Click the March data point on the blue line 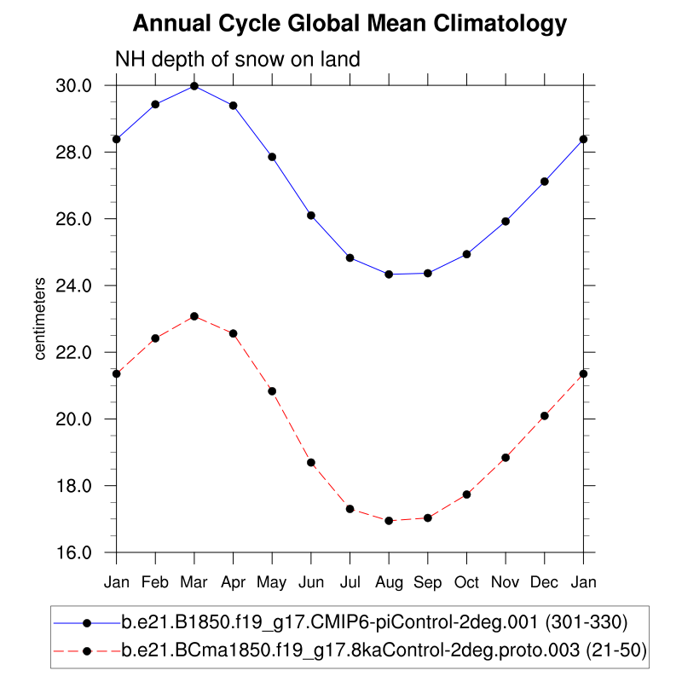click(x=194, y=86)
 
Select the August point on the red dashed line click(x=389, y=520)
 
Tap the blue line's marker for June click(x=311, y=216)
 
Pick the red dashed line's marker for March click(x=194, y=316)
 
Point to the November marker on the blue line click(x=506, y=221)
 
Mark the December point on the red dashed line click(x=544, y=416)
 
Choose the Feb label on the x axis click(x=155, y=581)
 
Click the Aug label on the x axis click(x=389, y=581)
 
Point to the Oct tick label click(x=466, y=581)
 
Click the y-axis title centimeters click(x=40, y=319)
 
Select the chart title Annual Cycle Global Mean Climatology click(x=350, y=24)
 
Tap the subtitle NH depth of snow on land click(x=238, y=60)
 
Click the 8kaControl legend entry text click(x=384, y=651)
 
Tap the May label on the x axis click(x=272, y=581)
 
